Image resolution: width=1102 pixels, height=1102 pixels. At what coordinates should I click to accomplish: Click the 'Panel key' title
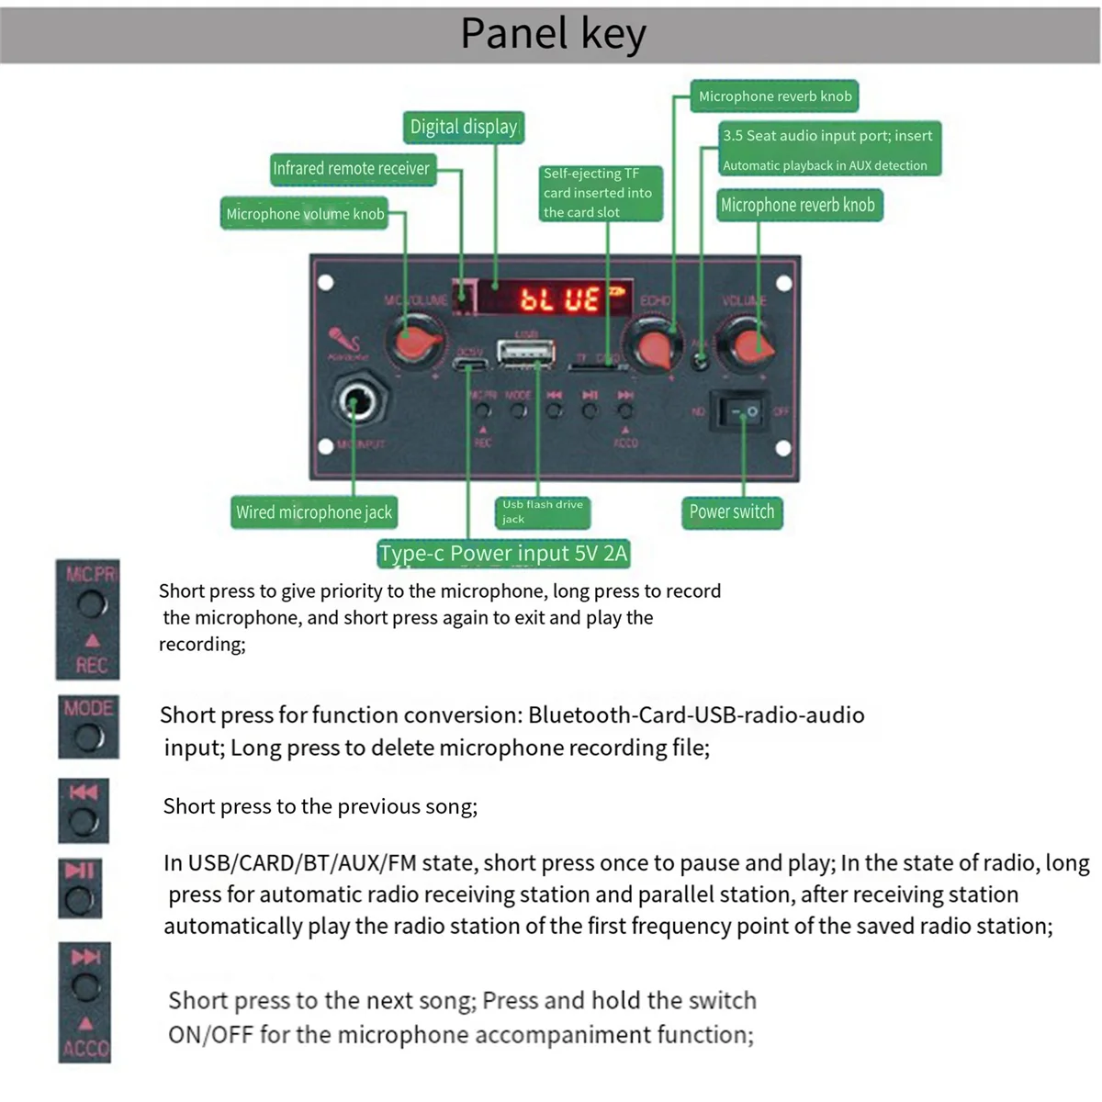point(553,34)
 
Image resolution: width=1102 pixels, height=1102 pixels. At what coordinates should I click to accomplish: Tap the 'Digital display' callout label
point(463,127)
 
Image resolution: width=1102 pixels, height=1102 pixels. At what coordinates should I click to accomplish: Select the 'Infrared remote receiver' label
point(351,169)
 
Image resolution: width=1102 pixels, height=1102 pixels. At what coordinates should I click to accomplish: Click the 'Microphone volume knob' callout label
point(305,214)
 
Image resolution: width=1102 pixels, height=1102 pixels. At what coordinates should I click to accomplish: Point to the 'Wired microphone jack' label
point(313,512)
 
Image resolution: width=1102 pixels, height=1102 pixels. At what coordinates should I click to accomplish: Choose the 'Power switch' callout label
point(731,512)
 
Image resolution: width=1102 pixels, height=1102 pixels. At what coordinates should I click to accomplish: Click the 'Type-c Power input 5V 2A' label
point(503,554)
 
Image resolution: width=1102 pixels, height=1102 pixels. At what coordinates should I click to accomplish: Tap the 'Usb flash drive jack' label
point(542,512)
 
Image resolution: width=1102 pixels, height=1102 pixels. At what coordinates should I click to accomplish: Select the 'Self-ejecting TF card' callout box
point(598,193)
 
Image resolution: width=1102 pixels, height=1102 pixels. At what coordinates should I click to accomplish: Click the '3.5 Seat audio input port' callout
point(827,149)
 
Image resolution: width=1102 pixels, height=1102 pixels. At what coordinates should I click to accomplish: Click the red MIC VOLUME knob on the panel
point(409,343)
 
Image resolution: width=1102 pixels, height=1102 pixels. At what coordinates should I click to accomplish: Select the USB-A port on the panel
point(525,353)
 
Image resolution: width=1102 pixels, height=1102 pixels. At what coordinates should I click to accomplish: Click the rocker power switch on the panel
point(742,410)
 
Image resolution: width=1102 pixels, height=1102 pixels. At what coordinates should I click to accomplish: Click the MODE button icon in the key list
point(88,726)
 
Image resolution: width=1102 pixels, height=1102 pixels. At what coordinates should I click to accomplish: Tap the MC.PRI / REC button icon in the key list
point(88,619)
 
